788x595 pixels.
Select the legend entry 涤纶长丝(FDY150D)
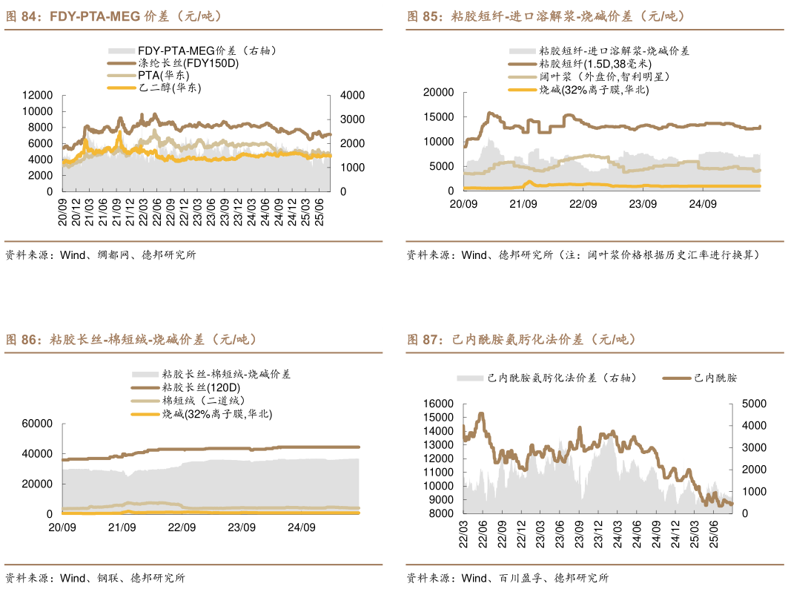point(188,63)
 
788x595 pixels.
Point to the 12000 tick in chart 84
point(38,95)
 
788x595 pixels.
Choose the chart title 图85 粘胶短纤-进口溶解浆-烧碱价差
point(546,16)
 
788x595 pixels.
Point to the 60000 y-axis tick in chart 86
point(38,424)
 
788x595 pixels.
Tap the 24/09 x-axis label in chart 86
point(301,527)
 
